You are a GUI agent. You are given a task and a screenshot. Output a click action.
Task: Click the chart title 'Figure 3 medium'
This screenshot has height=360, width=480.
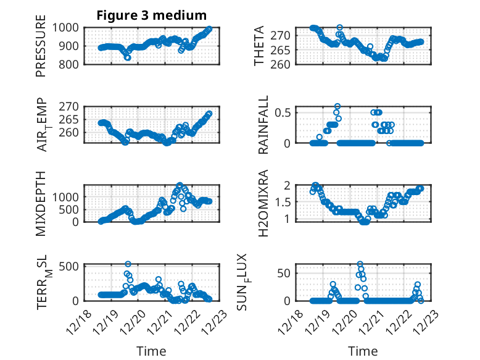(x=151, y=15)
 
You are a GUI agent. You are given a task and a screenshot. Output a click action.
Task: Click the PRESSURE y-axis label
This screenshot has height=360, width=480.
(x=41, y=50)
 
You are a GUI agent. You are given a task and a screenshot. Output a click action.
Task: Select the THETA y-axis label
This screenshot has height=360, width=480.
(x=260, y=46)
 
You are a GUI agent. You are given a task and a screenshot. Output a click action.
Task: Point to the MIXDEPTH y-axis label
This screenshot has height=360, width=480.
(x=41, y=203)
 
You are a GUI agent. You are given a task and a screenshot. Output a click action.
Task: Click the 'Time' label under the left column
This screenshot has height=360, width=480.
(x=151, y=351)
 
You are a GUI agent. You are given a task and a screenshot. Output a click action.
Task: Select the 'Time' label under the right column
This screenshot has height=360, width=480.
(x=363, y=351)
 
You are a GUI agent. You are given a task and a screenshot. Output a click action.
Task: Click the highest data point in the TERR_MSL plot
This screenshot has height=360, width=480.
(x=128, y=264)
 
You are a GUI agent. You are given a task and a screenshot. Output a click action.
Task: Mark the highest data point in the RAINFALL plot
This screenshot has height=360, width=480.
(x=337, y=106)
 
